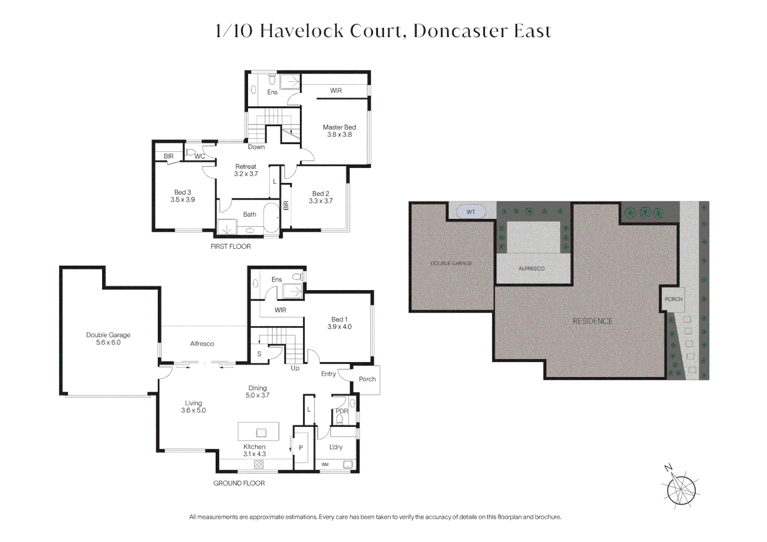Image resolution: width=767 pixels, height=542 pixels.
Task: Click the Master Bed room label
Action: pos(340,130)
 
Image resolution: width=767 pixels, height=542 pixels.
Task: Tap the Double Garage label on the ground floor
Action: pos(108,338)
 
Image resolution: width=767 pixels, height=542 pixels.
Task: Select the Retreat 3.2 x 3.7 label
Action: pos(246,170)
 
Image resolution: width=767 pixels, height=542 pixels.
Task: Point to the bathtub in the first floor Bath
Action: pos(272,218)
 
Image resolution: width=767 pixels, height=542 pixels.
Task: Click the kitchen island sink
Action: pos(261,433)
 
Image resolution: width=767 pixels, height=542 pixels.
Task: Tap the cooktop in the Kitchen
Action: pos(259,464)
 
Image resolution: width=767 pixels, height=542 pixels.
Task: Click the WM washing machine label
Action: pos(325,464)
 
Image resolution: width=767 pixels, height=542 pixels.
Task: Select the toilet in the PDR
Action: pos(340,419)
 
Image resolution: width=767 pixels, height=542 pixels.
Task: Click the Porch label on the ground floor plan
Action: pos(367,379)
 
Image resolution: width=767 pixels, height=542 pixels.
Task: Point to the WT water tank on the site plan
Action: pos(471,212)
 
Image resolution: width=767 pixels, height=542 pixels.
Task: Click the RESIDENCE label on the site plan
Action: pos(592,321)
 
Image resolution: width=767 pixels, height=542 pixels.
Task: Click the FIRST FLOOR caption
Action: pos(231,246)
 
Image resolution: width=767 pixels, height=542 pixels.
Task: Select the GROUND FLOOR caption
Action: pos(239,483)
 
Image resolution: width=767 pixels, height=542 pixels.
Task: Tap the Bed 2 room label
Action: pos(320,197)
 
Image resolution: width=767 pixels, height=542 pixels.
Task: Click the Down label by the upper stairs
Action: pos(256,147)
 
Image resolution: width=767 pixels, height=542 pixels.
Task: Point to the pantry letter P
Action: pos(301,448)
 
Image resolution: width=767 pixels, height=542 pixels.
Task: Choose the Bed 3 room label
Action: pos(182,196)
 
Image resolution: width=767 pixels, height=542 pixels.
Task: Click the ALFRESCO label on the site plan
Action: pos(531,268)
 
